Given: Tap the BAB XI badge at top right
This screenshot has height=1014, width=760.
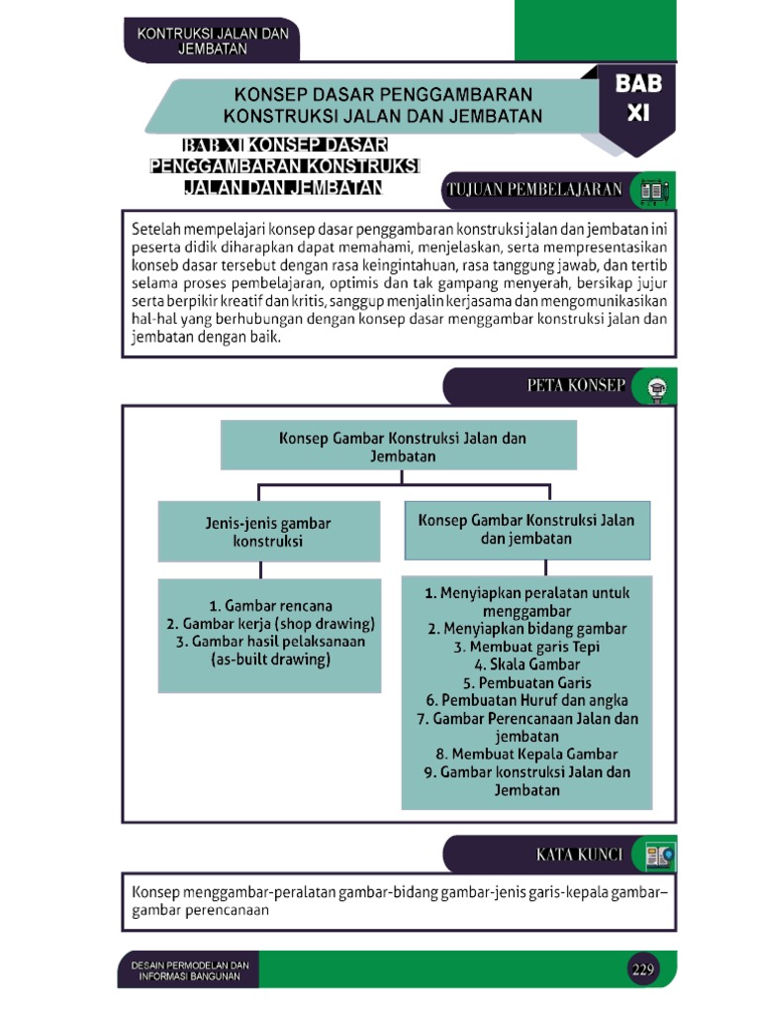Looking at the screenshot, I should point(638,99).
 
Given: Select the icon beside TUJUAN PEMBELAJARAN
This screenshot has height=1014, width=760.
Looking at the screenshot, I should point(654,190).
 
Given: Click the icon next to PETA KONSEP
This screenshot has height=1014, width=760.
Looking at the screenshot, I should point(656,388).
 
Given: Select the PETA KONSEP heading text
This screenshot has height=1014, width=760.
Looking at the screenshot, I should point(576,386).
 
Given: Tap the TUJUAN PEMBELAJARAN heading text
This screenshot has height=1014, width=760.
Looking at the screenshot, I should point(535,189).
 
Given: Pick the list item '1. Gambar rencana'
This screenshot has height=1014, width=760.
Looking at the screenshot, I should point(270,605).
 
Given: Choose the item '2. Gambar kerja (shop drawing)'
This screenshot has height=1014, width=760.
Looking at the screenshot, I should point(270,623).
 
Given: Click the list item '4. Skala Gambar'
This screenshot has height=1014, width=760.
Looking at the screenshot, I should point(526,664).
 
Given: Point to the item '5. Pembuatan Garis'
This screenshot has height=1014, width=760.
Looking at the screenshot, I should point(526,682).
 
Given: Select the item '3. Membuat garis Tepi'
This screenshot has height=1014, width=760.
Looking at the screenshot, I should point(526,647).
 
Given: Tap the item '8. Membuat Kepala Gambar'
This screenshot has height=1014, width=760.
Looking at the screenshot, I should point(526,754).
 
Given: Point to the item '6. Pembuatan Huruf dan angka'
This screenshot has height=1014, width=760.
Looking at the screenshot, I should point(526,700).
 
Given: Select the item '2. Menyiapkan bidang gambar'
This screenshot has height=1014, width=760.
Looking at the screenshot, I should point(526,629).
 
